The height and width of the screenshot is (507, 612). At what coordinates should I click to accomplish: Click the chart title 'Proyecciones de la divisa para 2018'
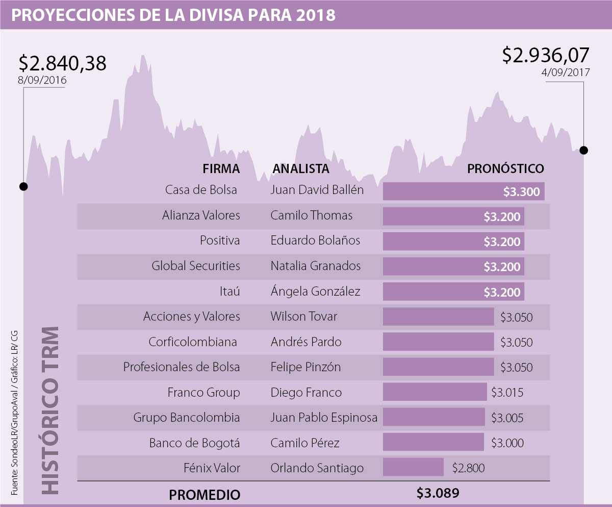coord(173,15)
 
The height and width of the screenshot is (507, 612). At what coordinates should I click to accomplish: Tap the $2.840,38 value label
coord(62,63)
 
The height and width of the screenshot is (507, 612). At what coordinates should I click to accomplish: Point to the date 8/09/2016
coord(42,80)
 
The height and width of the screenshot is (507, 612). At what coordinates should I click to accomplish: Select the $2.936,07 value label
coord(546,55)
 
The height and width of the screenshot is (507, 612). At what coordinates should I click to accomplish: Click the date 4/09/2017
coord(566,73)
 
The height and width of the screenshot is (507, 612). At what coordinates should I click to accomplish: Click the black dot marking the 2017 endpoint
coord(584,150)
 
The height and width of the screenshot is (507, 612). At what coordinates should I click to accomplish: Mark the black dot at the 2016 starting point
coord(23,186)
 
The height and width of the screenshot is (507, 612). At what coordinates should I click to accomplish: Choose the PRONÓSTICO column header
coord(505,168)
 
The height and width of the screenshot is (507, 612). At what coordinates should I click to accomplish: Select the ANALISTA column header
coord(301,168)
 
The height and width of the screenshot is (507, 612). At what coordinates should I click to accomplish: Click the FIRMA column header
coord(221,168)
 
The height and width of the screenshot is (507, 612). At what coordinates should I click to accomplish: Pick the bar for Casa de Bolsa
coord(464,191)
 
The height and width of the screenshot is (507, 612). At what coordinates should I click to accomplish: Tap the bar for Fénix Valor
coord(413,467)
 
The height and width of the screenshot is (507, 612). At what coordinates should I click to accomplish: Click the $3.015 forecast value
coord(507,393)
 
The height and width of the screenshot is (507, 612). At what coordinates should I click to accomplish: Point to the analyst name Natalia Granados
coord(315,266)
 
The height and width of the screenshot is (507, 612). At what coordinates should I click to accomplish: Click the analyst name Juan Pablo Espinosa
coord(324,418)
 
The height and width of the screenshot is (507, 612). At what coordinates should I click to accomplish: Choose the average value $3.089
coord(438,493)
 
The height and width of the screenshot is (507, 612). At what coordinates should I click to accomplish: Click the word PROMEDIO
coord(205,494)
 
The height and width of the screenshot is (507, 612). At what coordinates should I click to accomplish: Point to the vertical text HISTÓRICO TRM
coord(49,408)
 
